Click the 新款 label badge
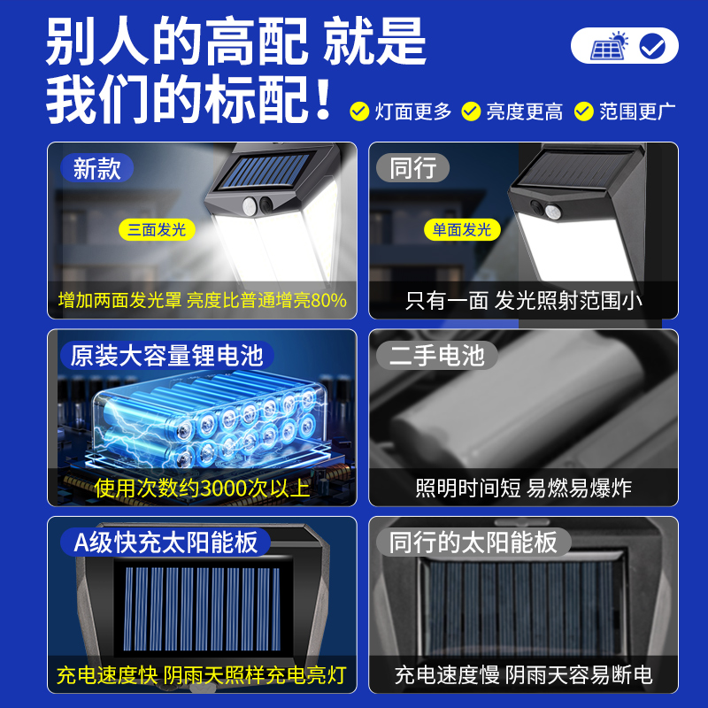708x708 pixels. point(97,168)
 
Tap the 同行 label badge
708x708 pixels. point(413,168)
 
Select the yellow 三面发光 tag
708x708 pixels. point(157,230)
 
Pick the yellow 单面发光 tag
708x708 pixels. point(462,230)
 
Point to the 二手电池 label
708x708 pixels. point(437,355)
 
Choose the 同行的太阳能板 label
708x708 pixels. point(473,542)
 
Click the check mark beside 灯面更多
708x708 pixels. point(359,112)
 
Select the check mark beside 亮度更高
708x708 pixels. point(471,112)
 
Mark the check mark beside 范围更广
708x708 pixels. point(583,112)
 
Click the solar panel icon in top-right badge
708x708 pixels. point(610,46)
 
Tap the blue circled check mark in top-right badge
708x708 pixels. point(654,46)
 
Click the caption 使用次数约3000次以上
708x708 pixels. point(203,488)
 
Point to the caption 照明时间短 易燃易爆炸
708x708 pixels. point(523,488)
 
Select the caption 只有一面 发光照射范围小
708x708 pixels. point(523,301)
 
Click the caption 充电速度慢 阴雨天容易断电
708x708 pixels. point(523,675)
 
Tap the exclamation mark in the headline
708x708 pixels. point(323,99)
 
